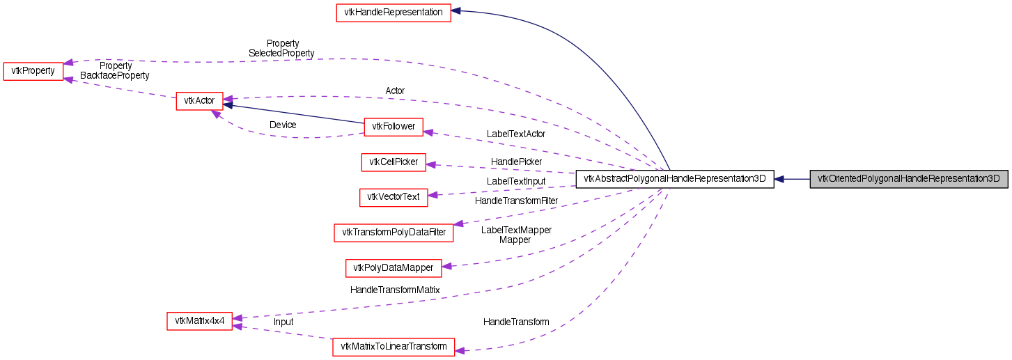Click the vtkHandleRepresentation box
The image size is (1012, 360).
coord(394,13)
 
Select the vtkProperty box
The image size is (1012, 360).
coord(33,72)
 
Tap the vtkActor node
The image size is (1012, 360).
coord(199,101)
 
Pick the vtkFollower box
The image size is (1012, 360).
coord(394,126)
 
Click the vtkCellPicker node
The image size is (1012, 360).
coord(394,162)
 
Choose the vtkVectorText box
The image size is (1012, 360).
coord(394,197)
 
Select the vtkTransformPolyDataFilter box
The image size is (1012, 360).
coord(394,233)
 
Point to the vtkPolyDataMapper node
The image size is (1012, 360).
coord(394,267)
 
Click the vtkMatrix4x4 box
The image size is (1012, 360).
coord(199,321)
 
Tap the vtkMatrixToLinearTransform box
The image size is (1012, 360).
coord(394,347)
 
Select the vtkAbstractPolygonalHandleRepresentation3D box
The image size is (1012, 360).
coord(675,179)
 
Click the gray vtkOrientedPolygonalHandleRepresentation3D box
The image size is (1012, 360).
coord(908,179)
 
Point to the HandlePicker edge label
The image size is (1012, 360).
coord(516,162)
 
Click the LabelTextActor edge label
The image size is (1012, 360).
coord(516,134)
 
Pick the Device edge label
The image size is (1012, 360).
coord(283,125)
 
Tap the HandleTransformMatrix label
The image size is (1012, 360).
coord(395,290)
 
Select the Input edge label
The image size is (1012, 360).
coord(283,322)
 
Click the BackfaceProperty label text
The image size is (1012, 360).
coord(115,75)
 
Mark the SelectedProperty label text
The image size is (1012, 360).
coord(281,53)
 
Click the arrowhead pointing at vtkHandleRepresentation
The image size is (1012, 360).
coord(457,11)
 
